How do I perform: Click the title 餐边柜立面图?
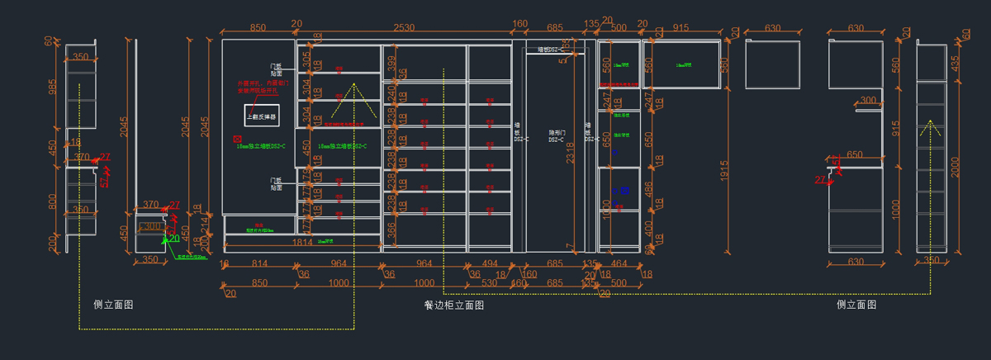(x=453, y=305)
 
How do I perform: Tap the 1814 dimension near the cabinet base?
(x=302, y=242)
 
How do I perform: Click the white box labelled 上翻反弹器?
(x=262, y=117)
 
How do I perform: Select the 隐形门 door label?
(x=556, y=135)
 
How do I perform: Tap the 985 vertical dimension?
(x=53, y=87)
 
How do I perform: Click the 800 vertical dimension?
(x=53, y=201)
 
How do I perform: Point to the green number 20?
(x=174, y=239)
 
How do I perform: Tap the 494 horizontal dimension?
(x=489, y=264)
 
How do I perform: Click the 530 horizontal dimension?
(x=489, y=283)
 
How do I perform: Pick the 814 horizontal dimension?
(x=259, y=264)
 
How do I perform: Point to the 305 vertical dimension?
(x=306, y=60)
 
